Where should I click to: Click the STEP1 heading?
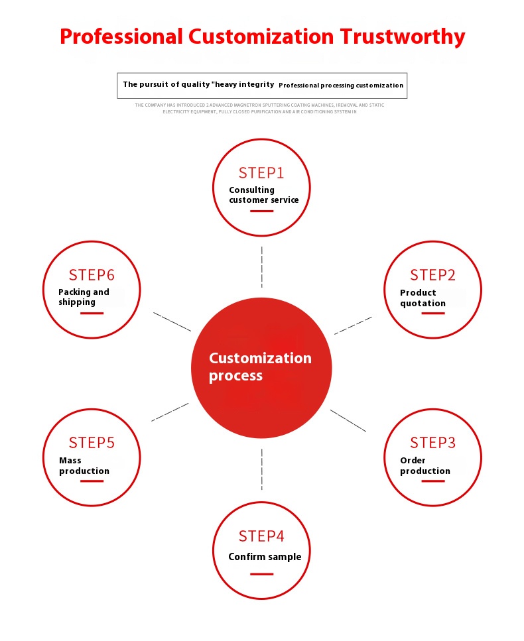click(261, 173)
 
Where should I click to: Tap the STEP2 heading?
click(432, 275)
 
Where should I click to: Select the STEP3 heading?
click(432, 443)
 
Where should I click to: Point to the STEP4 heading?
click(261, 536)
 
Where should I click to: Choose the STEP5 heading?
click(92, 443)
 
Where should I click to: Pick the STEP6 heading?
click(92, 275)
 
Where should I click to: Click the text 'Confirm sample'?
click(265, 557)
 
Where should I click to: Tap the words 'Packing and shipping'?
click(84, 297)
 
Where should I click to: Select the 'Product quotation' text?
click(423, 298)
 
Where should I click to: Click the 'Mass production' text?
click(84, 465)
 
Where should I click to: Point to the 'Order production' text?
click(425, 465)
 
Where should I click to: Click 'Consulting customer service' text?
click(264, 195)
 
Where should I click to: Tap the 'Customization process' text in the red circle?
click(260, 367)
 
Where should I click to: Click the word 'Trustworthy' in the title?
click(403, 37)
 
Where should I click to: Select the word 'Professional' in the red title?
click(121, 36)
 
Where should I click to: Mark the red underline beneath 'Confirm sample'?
click(262, 574)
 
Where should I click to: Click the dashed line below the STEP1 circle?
click(262, 267)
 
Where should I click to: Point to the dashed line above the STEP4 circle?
click(262, 469)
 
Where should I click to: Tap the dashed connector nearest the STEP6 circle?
click(172, 321)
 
